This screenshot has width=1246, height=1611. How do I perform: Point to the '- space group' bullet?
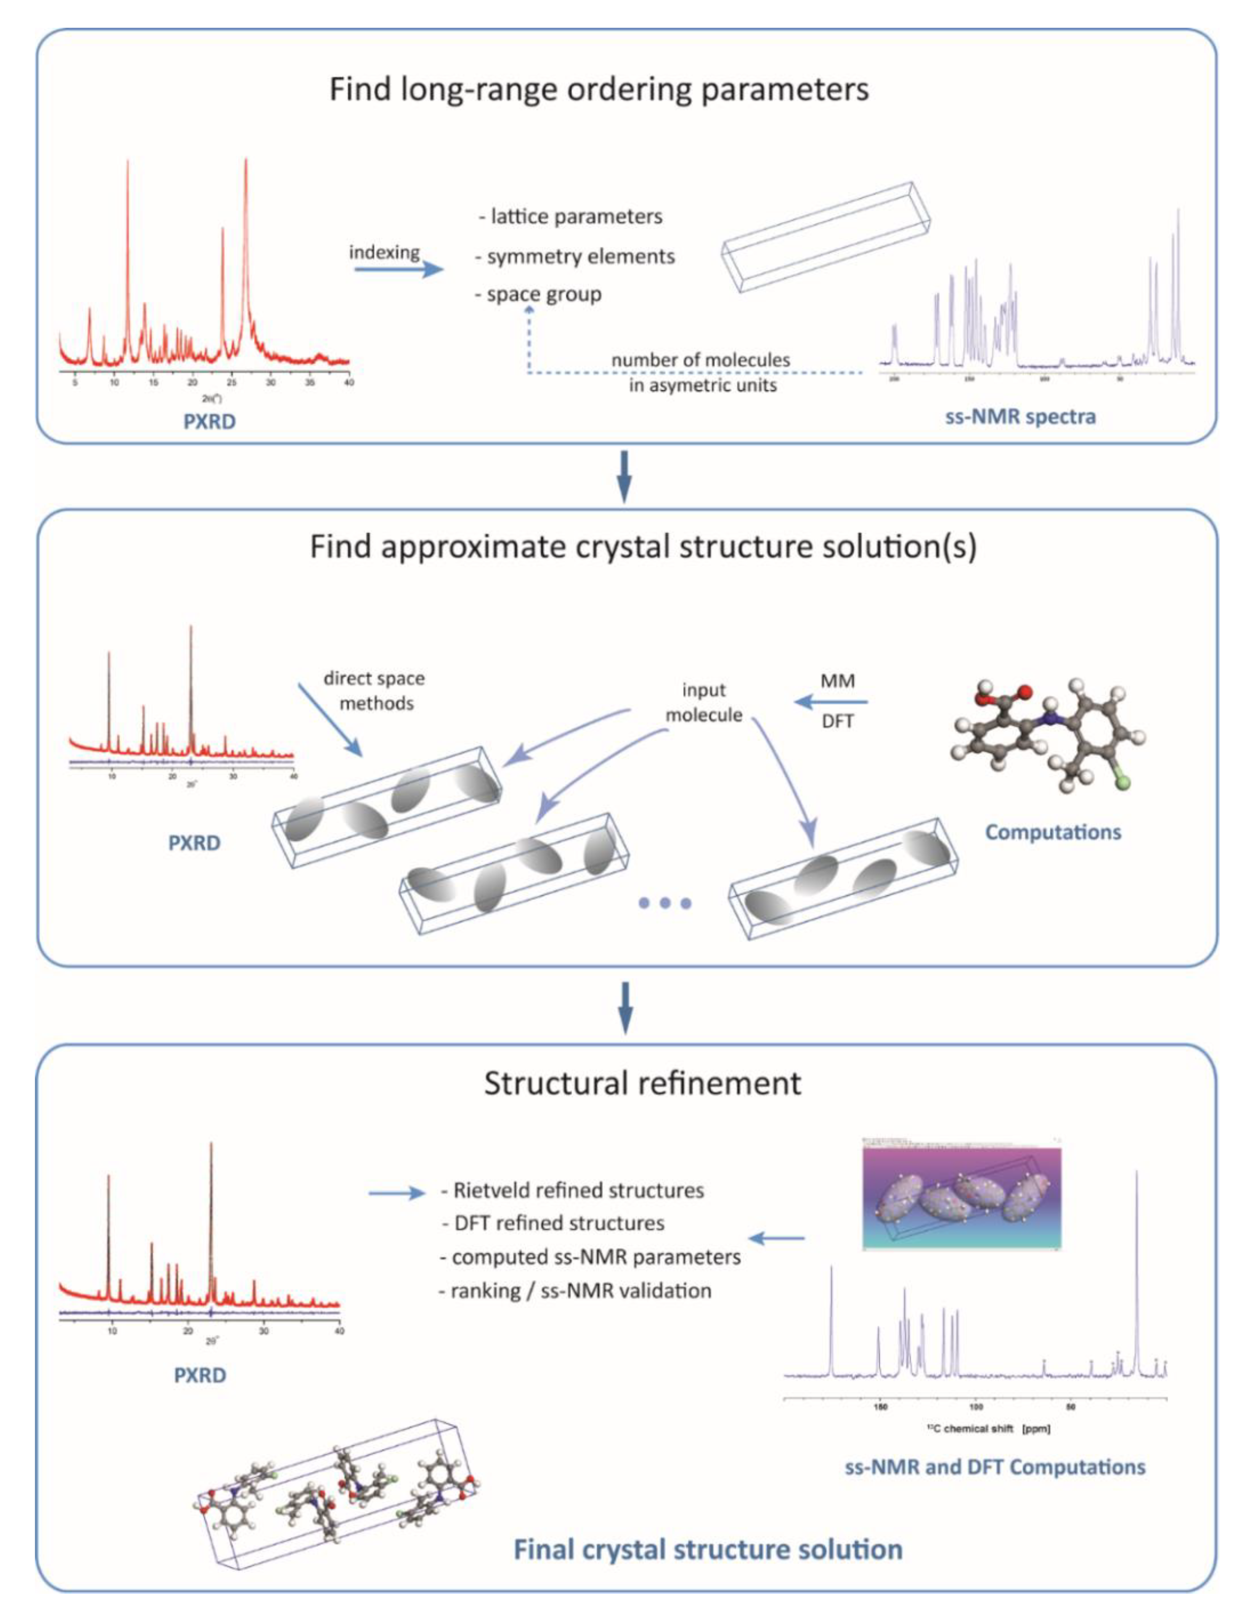[x=538, y=294]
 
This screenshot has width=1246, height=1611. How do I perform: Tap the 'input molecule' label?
[x=704, y=702]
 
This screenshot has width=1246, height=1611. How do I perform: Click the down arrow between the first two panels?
[x=624, y=477]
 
